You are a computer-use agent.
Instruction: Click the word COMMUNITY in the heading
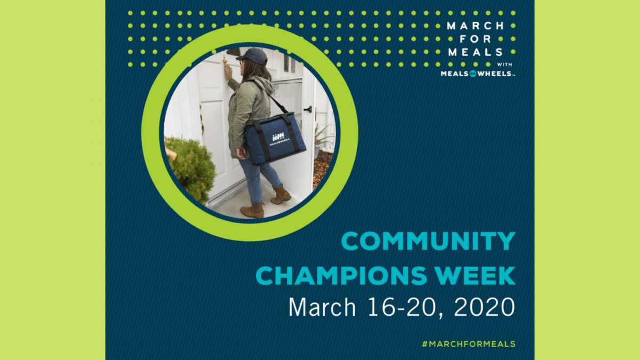428,241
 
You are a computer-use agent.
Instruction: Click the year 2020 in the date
485,307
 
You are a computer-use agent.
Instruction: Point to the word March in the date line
322,307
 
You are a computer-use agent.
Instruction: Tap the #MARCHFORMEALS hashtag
469,344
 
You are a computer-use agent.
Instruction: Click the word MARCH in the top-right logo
476,26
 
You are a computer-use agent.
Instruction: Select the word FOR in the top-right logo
475,39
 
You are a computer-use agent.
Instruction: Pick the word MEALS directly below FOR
476,52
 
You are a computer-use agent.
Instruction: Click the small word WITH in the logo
505,65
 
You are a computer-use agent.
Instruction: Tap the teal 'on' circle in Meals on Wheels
473,74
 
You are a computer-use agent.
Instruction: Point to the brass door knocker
225,61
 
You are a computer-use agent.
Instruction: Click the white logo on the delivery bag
279,139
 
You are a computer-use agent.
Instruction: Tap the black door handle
308,109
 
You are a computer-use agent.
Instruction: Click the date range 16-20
405,307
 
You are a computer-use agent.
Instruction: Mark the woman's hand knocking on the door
228,73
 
